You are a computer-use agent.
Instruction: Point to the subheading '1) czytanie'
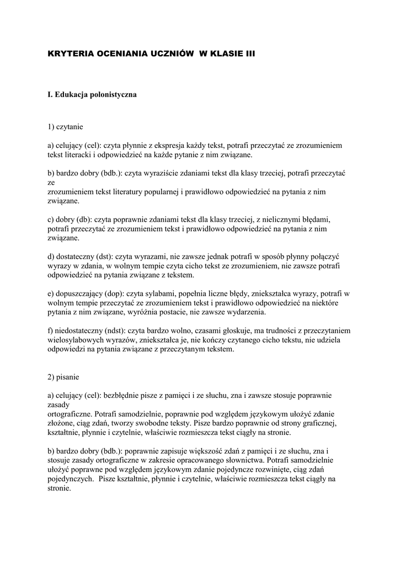coord(65,126)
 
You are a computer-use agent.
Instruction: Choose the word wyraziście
coord(164,173)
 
